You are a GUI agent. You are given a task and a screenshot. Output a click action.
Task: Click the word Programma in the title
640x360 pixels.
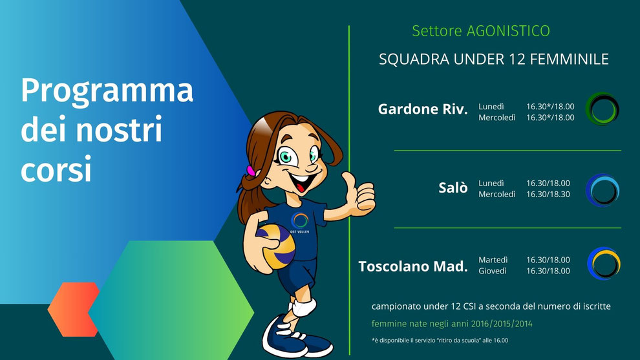click(107, 91)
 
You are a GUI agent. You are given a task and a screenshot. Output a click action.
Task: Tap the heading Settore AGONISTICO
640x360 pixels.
click(481, 31)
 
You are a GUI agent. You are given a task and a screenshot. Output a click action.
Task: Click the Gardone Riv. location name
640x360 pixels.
click(423, 109)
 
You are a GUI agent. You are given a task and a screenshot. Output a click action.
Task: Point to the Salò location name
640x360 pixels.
click(453, 187)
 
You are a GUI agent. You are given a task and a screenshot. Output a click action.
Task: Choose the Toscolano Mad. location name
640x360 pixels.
click(413, 266)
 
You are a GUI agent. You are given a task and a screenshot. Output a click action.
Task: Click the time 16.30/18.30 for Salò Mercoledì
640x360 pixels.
click(548, 195)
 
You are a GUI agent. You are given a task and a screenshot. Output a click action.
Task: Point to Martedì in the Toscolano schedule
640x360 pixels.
click(493, 260)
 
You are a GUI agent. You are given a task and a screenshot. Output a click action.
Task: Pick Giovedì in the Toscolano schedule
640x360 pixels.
click(493, 271)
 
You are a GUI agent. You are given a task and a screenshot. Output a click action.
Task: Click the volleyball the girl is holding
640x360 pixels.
click(276, 246)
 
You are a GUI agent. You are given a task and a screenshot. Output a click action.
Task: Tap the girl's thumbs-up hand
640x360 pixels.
click(358, 195)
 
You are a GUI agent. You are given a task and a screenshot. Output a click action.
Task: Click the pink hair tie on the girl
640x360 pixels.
click(251, 171)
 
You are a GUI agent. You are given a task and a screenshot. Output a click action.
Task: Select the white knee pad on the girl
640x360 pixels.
click(304, 307)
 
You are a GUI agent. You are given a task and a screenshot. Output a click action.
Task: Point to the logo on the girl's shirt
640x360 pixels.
click(299, 223)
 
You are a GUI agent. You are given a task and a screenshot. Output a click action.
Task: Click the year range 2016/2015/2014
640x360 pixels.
click(502, 324)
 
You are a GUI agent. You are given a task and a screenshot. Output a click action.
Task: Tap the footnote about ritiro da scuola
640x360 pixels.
click(440, 341)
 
